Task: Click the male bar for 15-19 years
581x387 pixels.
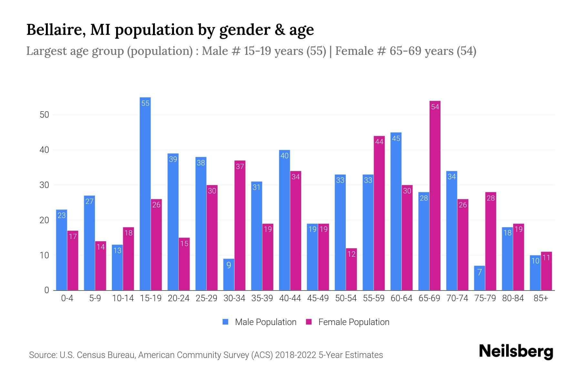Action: click(145, 193)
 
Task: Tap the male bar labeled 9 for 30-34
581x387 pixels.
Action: click(229, 274)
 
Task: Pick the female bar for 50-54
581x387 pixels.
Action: click(352, 269)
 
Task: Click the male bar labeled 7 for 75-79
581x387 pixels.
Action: click(479, 278)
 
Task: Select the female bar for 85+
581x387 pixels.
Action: click(546, 271)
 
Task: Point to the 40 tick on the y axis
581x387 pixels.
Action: click(44, 150)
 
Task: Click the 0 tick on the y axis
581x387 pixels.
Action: click(46, 290)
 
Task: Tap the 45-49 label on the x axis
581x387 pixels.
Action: click(318, 298)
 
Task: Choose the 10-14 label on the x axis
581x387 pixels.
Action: click(123, 298)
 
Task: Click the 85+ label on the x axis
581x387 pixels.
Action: click(541, 298)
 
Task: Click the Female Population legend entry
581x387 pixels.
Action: click(348, 322)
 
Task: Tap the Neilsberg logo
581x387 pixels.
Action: click(516, 352)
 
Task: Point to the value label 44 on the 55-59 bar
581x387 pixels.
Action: click(379, 142)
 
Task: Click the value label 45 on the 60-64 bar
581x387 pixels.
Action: click(396, 138)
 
